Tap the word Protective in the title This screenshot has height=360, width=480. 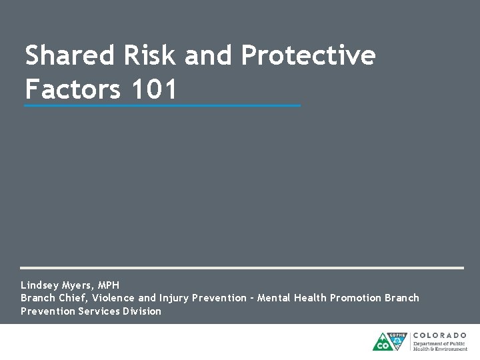coord(308,56)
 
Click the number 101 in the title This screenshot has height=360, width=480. coord(155,89)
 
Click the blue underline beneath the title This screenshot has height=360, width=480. coord(162,105)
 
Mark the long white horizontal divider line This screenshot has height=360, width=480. coord(241,268)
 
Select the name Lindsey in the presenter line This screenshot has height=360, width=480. coord(41,285)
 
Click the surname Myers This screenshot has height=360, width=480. coord(80,285)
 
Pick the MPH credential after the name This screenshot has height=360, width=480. coord(109,285)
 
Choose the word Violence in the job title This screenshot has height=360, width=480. coord(113,298)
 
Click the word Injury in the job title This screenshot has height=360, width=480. coord(174,298)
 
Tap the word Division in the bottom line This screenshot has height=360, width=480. coord(142,311)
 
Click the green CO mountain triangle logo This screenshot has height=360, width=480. coord(383,343)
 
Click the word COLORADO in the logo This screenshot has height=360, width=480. coord(440,335)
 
